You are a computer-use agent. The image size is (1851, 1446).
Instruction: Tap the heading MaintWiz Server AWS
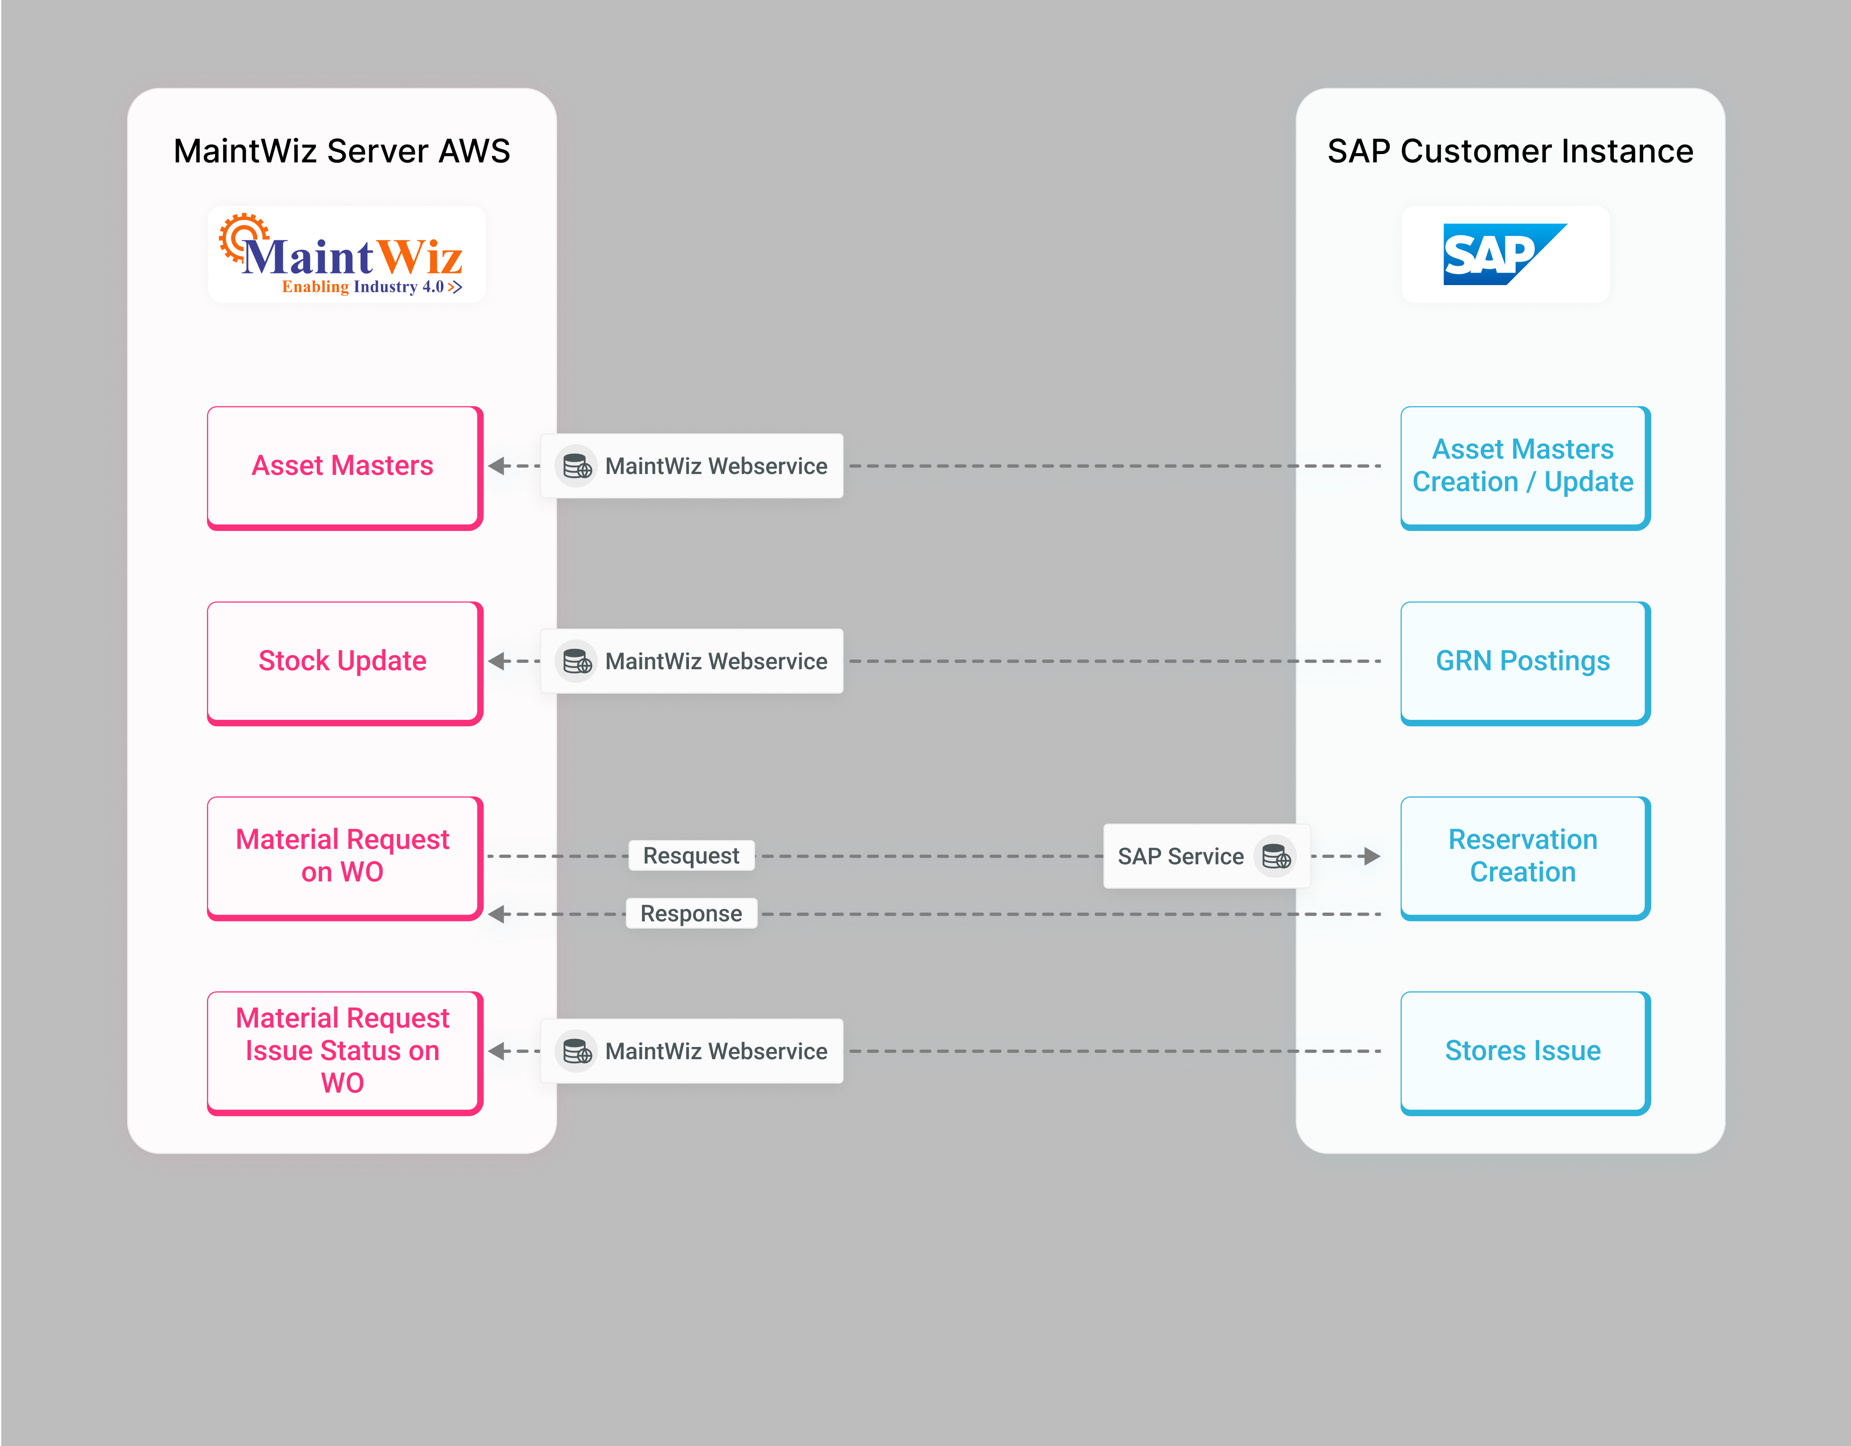[342, 151]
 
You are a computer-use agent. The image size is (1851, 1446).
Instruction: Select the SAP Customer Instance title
[1509, 151]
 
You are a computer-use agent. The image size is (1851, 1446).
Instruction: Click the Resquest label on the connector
[691, 856]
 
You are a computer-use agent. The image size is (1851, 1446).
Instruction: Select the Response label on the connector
[691, 914]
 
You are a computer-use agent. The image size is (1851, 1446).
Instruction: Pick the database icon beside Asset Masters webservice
[577, 466]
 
